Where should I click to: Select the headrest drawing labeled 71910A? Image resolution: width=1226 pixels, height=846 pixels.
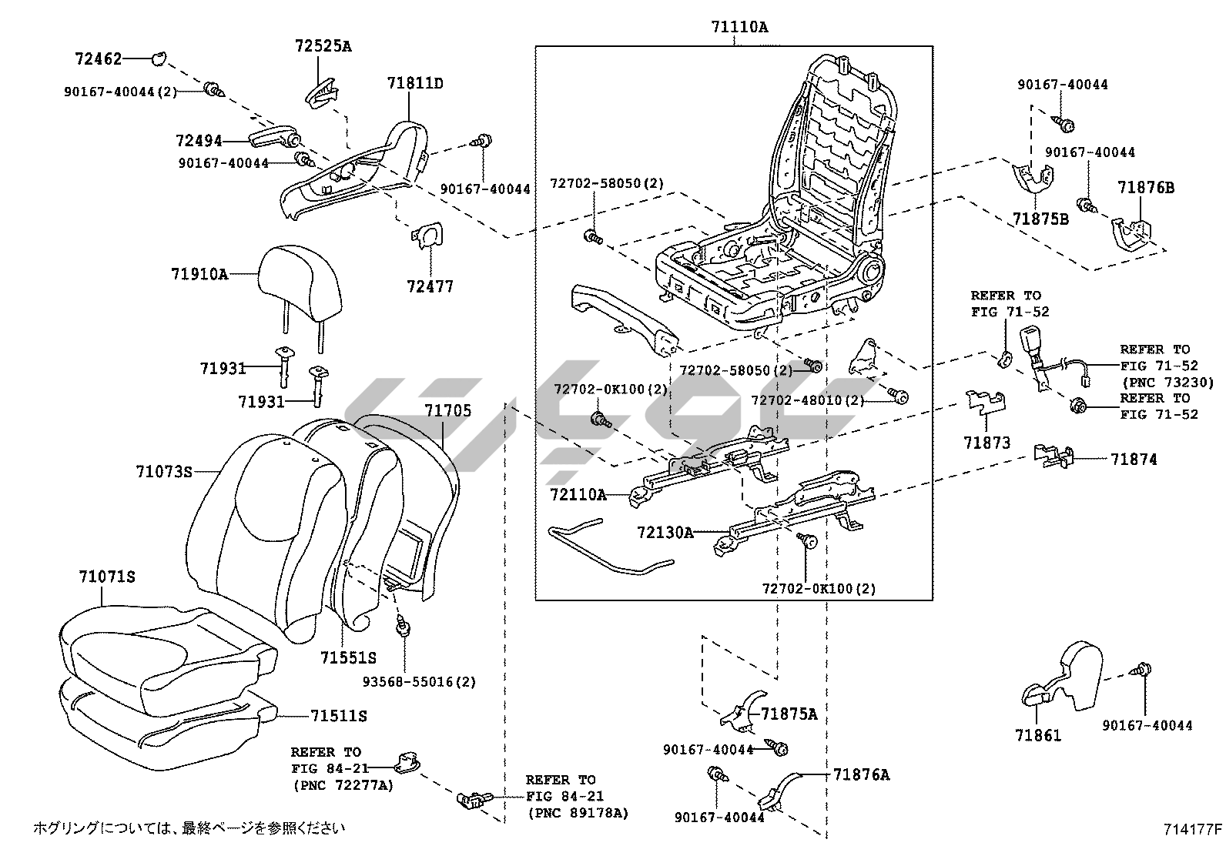click(x=300, y=285)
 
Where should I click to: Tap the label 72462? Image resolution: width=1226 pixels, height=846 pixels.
click(x=98, y=58)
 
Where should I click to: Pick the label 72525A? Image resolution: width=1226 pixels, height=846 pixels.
click(x=323, y=46)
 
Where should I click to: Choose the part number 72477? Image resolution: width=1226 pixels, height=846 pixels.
click(x=430, y=286)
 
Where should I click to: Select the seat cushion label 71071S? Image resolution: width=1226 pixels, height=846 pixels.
click(x=107, y=577)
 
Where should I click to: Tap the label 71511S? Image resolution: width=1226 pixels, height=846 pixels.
click(x=338, y=716)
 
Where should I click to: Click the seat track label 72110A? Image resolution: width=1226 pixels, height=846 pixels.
click(x=578, y=494)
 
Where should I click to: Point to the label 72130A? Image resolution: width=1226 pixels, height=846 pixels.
click(x=665, y=532)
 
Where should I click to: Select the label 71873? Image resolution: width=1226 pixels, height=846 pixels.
click(x=986, y=443)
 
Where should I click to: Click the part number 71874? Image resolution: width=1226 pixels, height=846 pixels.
click(x=1134, y=460)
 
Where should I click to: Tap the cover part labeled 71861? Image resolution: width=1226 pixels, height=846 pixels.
click(x=1067, y=677)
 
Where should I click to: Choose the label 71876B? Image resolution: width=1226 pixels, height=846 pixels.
click(x=1146, y=187)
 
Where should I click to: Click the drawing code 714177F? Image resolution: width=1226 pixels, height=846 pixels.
click(x=1193, y=829)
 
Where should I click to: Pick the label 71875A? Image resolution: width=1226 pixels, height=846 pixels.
click(x=789, y=714)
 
